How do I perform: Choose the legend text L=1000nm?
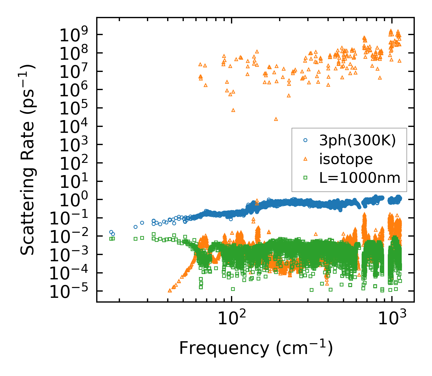click(x=360, y=178)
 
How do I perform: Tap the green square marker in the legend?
click(x=305, y=178)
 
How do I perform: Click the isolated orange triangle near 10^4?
click(x=276, y=119)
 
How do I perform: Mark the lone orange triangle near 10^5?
click(x=233, y=110)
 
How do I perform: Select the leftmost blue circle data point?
click(x=111, y=232)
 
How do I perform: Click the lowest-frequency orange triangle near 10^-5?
click(x=170, y=290)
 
